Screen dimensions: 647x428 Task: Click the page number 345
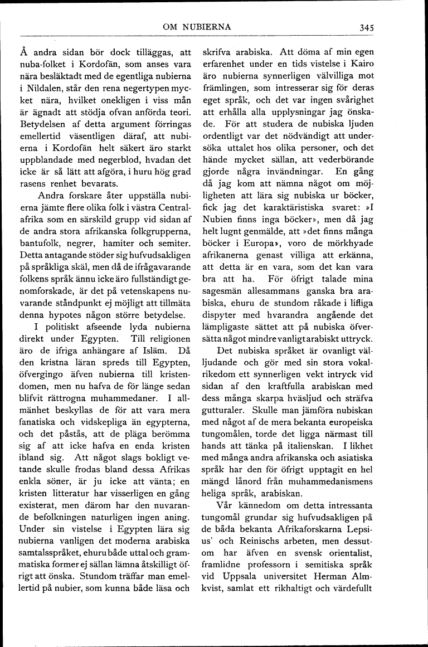click(x=366, y=27)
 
